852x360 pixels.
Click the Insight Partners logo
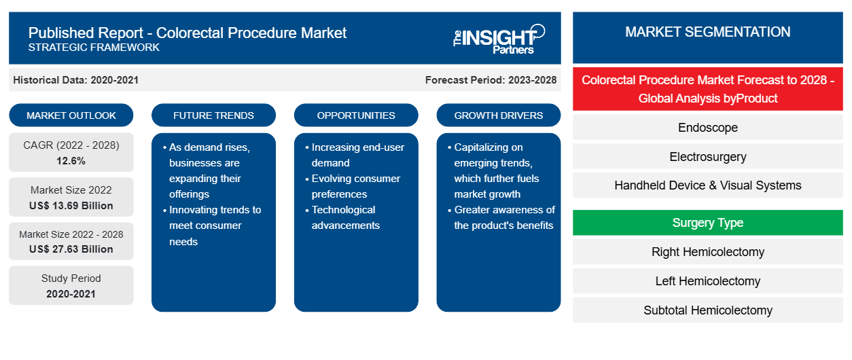point(499,39)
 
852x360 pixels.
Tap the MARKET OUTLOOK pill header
point(71,115)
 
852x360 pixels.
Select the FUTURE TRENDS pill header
point(213,115)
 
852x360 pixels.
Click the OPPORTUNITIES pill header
point(356,115)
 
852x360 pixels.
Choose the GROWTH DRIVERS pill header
point(498,115)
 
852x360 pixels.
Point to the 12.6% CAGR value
point(71,161)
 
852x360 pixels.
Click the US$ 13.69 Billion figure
point(71,206)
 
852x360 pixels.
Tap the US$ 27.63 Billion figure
point(71,249)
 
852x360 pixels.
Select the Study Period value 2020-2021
point(71,294)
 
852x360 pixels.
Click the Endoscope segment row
point(708,127)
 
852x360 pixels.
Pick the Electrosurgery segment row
point(708,157)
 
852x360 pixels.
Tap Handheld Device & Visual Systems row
point(708,185)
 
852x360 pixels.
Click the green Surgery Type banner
point(708,222)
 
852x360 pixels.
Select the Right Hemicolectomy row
point(708,251)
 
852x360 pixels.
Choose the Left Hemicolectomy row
point(708,281)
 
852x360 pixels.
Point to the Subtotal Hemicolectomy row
point(708,310)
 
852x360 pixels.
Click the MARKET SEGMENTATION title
point(708,32)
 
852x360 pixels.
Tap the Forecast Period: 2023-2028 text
point(491,80)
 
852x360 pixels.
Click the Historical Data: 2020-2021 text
point(75,80)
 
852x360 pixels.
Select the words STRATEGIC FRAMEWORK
point(94,48)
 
